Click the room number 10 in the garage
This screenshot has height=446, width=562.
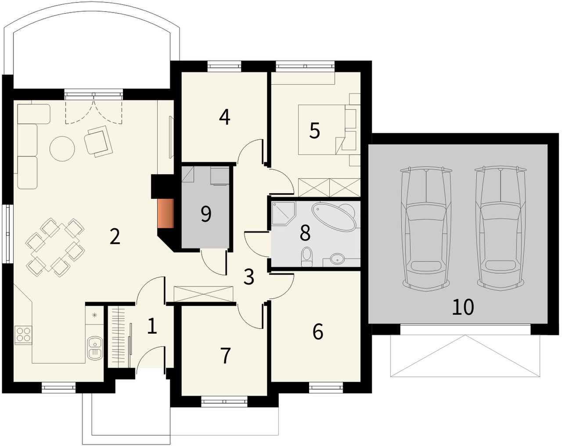pos(463,307)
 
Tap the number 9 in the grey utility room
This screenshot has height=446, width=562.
pos(206,214)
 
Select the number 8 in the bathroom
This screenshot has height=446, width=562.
pos(305,233)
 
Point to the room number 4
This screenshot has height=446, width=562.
pos(225,117)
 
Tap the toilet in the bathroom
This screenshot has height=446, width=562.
pos(306,257)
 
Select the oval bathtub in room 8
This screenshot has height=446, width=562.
pos(335,216)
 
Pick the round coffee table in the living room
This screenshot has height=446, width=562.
pos(62,148)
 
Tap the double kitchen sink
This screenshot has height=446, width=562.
pos(94,348)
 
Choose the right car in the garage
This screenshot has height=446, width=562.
pos(500,228)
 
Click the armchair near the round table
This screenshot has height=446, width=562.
pos(98,141)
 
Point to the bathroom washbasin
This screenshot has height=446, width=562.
pos(337,259)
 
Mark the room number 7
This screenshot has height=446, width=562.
pos(225,356)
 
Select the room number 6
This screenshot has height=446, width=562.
pos(317,331)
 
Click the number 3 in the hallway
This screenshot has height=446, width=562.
pos(249,277)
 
